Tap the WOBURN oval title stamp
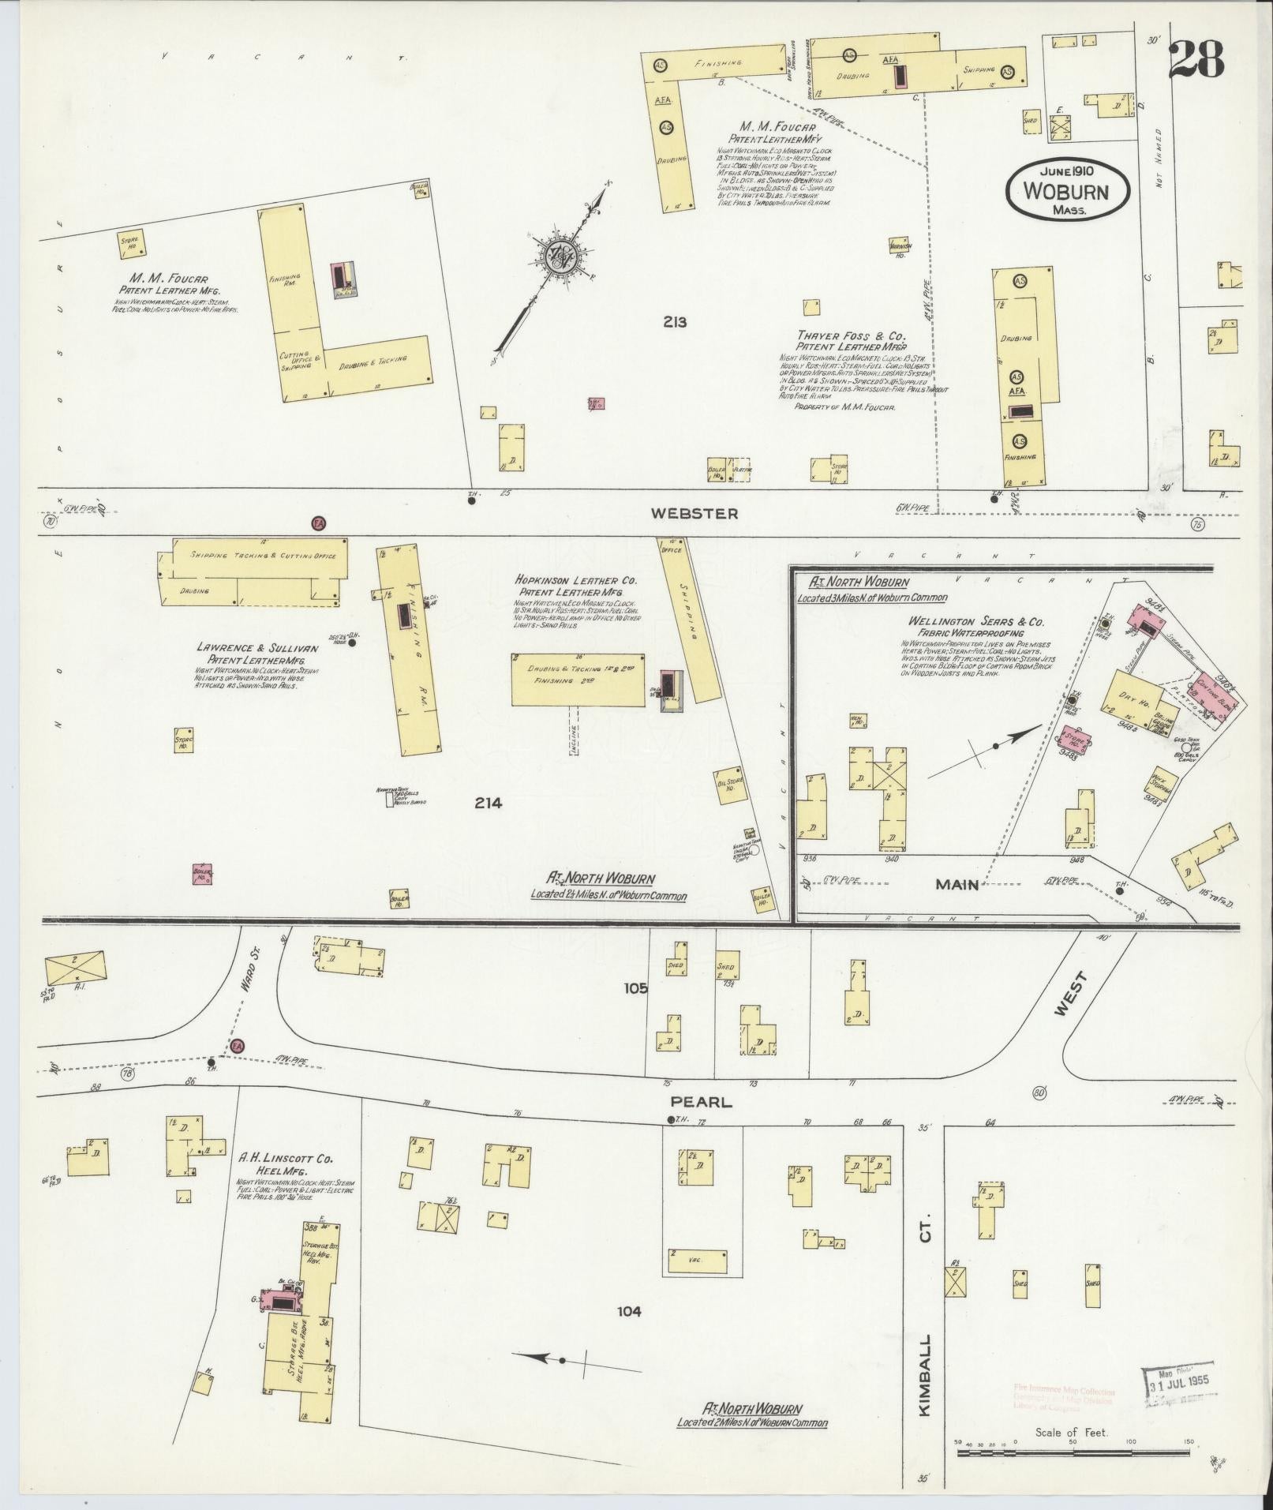1066,191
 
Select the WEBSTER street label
695,514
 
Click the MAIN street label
957,885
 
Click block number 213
675,322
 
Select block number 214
488,803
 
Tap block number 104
629,1312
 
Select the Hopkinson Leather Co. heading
575,579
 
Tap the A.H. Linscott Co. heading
286,1159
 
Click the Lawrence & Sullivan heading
257,648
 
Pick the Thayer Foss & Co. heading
850,335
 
